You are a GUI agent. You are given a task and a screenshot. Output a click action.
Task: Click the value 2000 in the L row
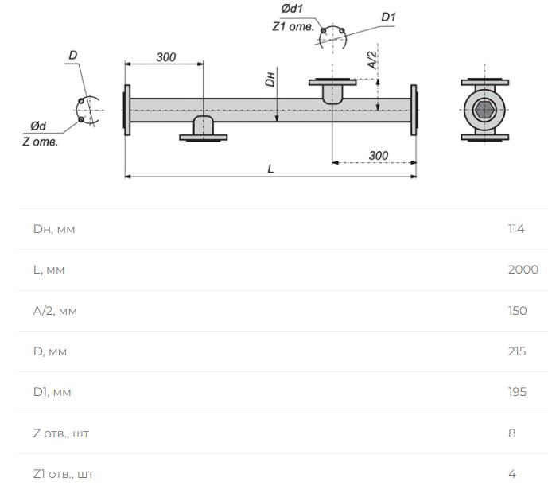pos(523,270)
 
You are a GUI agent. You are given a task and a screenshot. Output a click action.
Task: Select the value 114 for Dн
pos(516,229)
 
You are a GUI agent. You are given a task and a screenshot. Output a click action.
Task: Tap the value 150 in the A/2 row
pos(518,311)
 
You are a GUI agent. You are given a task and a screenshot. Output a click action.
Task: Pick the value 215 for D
pos(517,351)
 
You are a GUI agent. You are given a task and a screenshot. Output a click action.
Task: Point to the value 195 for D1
pos(518,392)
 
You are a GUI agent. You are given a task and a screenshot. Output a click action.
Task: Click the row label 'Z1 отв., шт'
pos(64,474)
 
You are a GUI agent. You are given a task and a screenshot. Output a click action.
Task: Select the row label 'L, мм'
pos(49,270)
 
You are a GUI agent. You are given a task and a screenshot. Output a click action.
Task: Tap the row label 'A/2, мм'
pos(55,311)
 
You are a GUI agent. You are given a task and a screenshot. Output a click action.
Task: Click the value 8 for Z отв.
pos(512,433)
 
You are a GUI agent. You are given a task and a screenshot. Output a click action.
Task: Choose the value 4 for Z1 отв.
pos(512,474)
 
